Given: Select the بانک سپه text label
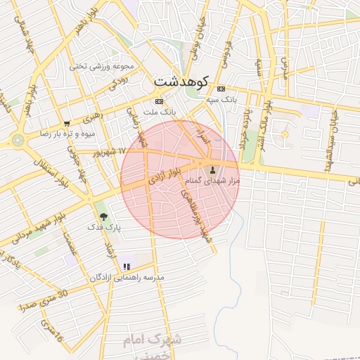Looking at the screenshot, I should pyautogui.click(x=222, y=100).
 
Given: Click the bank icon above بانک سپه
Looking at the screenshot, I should pyautogui.click(x=221, y=89).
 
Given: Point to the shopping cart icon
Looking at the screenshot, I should pyautogui.click(x=67, y=123).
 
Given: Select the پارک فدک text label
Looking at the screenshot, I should pyautogui.click(x=105, y=228).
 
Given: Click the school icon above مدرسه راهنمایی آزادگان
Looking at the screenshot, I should pyautogui.click(x=127, y=266).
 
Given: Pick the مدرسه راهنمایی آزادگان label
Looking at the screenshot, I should pyautogui.click(x=127, y=278).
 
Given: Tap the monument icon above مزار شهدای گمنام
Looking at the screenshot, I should pyautogui.click(x=213, y=169).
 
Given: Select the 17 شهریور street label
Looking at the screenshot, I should pyautogui.click(x=110, y=152).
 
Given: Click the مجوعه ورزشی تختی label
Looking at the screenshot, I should pyautogui.click(x=102, y=67).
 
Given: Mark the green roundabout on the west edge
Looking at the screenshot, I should pyautogui.click(x=18, y=139).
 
